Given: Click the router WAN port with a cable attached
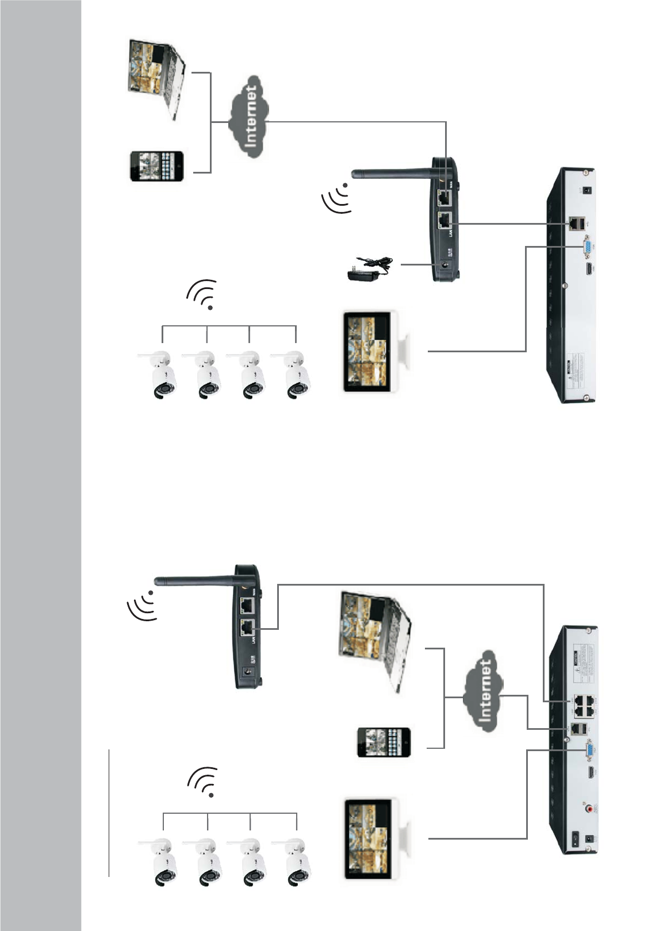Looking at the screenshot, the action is pyautogui.click(x=444, y=198).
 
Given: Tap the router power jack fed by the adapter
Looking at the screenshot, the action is pyautogui.click(x=444, y=264).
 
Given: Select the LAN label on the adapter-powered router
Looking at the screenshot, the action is pyautogui.click(x=452, y=231).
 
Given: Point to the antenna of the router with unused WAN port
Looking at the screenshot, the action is pyautogui.click(x=196, y=581).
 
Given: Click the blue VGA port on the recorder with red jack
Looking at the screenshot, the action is pyautogui.click(x=589, y=752).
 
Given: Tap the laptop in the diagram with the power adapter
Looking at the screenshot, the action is pyautogui.click(x=156, y=78).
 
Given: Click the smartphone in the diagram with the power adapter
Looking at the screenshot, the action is pyautogui.click(x=157, y=166).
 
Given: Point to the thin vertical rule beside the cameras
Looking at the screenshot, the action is pyautogui.click(x=109, y=813).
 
